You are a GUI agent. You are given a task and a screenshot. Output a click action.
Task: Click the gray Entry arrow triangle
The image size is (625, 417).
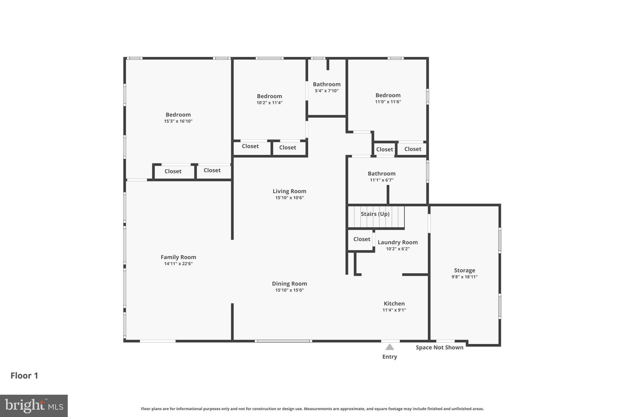tap(389, 347)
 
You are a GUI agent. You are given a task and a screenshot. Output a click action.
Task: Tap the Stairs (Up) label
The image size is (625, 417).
tap(375, 214)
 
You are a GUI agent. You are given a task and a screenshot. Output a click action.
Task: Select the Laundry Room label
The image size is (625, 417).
tap(398, 242)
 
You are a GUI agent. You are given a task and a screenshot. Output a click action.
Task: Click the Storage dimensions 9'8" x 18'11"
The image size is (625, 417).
tap(464, 277)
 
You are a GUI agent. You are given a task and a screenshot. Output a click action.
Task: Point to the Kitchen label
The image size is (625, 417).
tap(394, 303)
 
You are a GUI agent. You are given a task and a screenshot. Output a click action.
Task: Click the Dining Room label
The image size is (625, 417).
tap(289, 283)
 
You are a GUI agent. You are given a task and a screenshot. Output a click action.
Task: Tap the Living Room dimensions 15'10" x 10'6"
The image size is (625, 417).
tap(289, 198)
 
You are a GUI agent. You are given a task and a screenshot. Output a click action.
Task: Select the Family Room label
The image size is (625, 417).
tap(178, 257)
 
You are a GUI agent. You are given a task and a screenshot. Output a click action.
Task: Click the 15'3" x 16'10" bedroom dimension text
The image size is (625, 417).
tap(178, 121)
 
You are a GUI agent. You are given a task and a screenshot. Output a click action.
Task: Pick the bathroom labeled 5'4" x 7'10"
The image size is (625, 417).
tap(327, 84)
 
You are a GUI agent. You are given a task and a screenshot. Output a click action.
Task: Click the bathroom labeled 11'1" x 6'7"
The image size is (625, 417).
tap(381, 174)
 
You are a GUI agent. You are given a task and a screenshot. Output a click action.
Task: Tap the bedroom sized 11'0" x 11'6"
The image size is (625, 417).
tap(388, 95)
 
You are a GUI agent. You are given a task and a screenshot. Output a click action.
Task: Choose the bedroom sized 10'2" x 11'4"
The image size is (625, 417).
tap(269, 96)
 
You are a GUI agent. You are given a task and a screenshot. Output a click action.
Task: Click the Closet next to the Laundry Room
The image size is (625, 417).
tap(362, 239)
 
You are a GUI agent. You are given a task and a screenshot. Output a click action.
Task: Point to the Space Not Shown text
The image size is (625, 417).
tap(439, 347)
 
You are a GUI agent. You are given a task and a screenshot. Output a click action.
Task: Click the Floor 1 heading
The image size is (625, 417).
tap(24, 375)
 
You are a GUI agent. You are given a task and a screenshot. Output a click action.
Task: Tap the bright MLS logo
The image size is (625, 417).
tap(34, 406)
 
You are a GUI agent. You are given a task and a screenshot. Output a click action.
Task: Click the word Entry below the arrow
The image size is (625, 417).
tap(389, 357)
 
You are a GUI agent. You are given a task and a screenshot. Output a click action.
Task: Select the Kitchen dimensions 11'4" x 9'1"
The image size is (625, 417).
tap(394, 310)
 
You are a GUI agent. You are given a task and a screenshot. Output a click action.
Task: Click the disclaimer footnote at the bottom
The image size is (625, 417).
tap(312, 409)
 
